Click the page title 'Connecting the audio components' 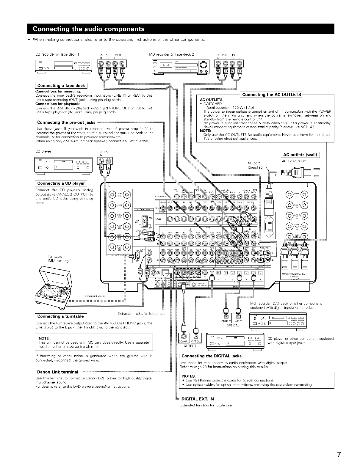(89, 29)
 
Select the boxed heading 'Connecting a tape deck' (61, 86)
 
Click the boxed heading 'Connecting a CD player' (61, 183)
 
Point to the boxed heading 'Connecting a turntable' (60, 316)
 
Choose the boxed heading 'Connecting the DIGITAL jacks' (212, 356)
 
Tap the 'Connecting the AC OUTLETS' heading (272, 95)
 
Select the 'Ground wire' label (95, 296)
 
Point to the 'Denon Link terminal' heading (58, 372)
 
